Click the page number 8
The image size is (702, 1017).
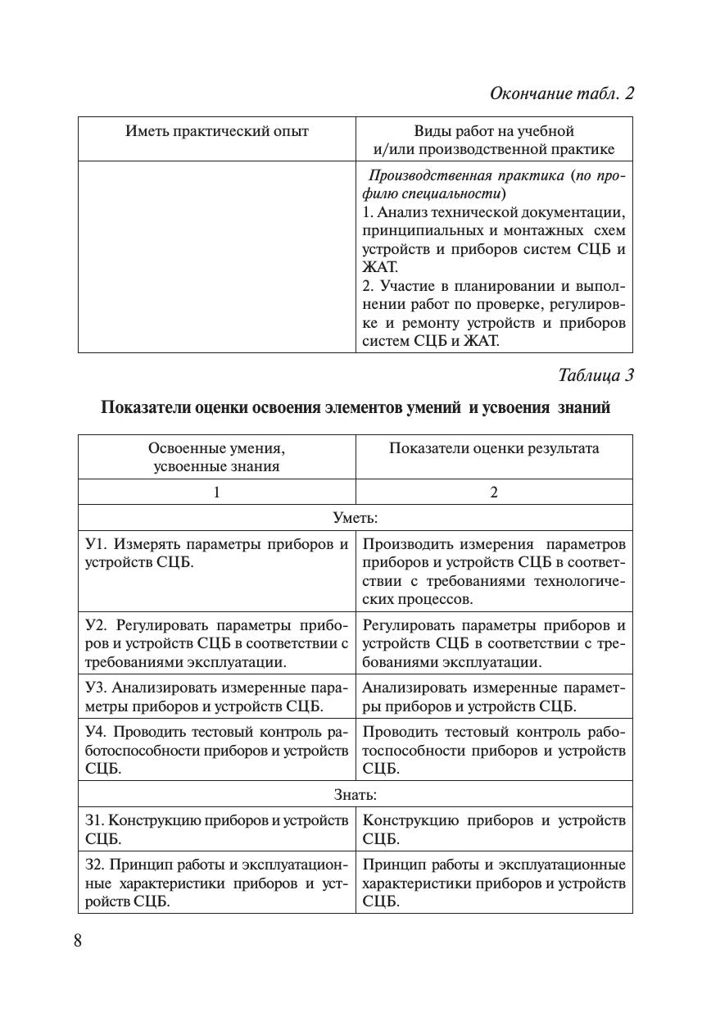[x=78, y=940]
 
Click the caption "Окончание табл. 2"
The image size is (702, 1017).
[x=562, y=93]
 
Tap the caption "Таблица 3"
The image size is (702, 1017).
[x=596, y=375]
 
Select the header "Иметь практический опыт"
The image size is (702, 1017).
[x=217, y=131]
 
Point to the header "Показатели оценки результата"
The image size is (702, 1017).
[x=494, y=448]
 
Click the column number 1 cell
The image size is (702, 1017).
[x=217, y=493]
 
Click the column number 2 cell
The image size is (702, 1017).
[x=494, y=493]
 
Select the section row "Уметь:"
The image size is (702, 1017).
[x=356, y=518]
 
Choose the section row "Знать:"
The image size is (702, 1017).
[x=356, y=794]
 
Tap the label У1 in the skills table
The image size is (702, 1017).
[x=95, y=545]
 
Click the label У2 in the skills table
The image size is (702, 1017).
[x=95, y=626]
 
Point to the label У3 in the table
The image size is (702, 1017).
[x=95, y=688]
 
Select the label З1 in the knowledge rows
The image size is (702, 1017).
[x=94, y=820]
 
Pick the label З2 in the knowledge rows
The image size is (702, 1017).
[x=94, y=865]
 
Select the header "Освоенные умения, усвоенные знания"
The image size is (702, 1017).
[x=217, y=457]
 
